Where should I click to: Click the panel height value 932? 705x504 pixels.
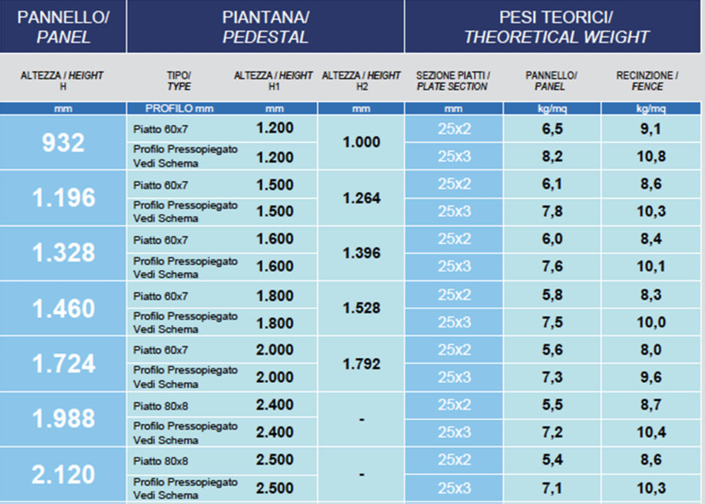click(x=63, y=143)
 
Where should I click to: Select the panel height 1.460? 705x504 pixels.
click(x=63, y=308)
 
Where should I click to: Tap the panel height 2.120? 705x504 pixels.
click(x=63, y=474)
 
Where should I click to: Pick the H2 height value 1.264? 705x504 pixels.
click(x=361, y=198)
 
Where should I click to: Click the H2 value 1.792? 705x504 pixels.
click(x=361, y=364)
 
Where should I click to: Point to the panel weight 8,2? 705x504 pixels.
click(x=552, y=156)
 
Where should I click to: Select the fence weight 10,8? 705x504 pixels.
click(x=651, y=156)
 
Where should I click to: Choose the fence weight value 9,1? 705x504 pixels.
click(x=651, y=129)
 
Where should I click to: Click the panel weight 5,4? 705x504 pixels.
click(x=552, y=460)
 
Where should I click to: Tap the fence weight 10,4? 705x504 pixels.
click(x=651, y=432)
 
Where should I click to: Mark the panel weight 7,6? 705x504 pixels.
click(x=552, y=266)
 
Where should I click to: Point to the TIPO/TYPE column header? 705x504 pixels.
click(x=179, y=81)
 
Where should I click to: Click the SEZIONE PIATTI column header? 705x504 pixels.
click(x=452, y=81)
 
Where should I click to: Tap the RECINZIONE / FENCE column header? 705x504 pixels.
click(x=647, y=81)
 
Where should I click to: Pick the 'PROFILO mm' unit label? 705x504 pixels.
click(x=180, y=108)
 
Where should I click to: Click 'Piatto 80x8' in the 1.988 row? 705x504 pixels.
click(x=160, y=406)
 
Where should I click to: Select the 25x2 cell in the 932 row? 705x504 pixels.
click(x=454, y=129)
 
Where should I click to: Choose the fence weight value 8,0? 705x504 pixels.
click(x=651, y=350)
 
